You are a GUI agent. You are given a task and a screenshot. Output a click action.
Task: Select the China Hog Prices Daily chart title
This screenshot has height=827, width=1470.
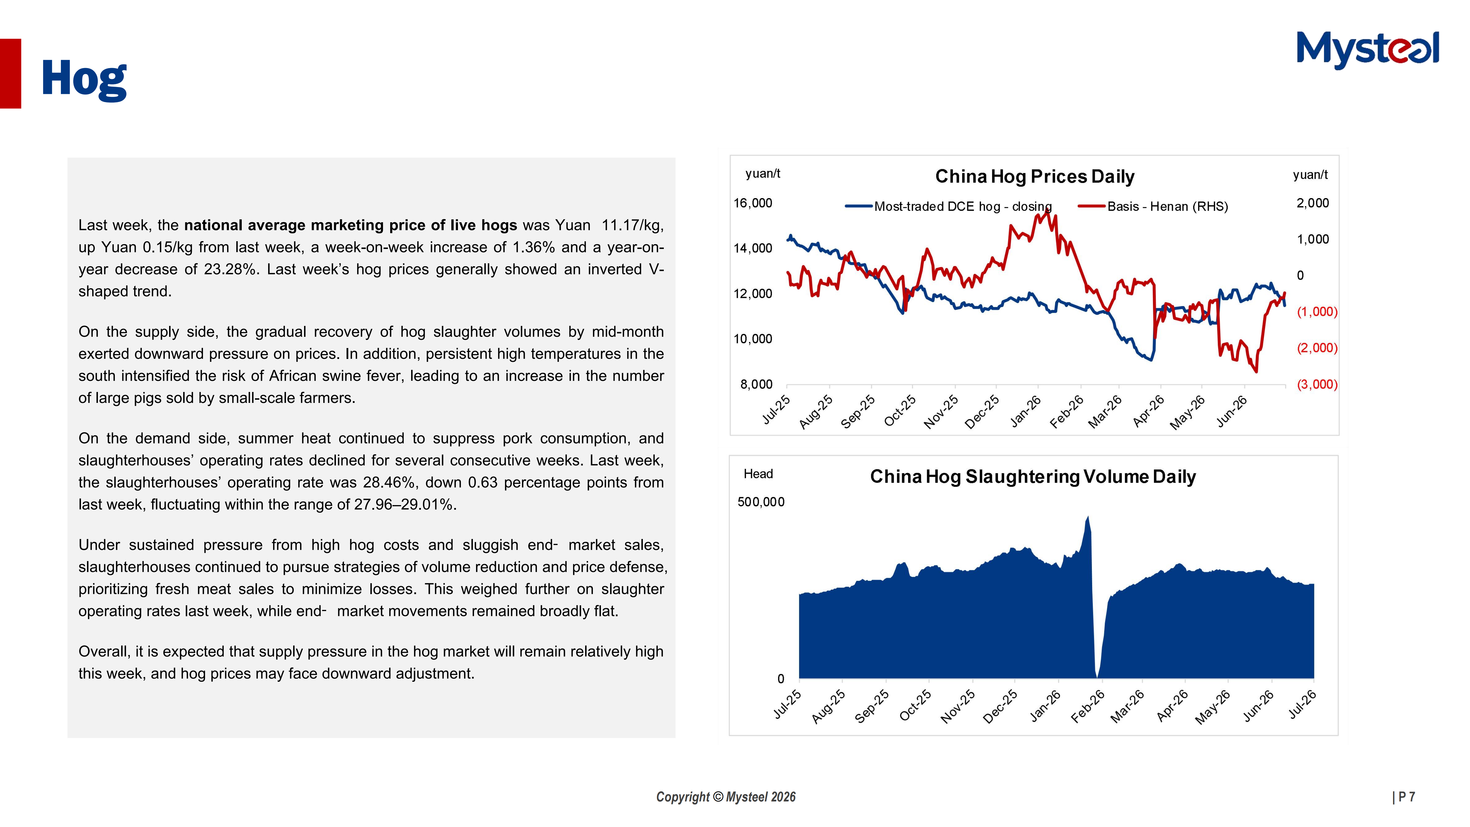coord(1034,176)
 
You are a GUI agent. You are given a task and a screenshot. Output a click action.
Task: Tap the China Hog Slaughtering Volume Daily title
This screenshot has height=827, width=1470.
coord(1033,477)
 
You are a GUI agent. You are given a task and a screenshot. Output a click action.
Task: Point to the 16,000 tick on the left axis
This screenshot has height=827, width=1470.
coord(753,203)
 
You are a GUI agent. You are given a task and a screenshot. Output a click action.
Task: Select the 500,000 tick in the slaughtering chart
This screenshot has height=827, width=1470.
coord(761,502)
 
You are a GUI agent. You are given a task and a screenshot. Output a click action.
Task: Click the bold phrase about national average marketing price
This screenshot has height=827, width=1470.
coord(350,225)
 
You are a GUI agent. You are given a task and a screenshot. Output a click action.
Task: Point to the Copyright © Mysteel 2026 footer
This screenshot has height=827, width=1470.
coord(726,797)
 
